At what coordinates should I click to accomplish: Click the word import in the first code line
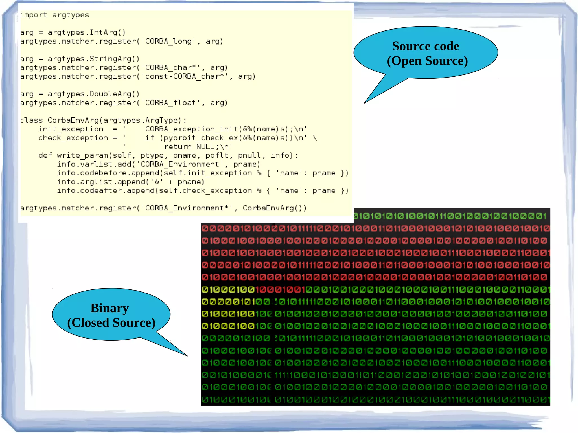click(33, 15)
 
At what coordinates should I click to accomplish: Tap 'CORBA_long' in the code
click(168, 41)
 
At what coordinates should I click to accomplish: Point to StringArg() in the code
click(114, 59)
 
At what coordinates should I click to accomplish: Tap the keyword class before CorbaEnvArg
click(31, 120)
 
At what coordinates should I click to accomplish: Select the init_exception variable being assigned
click(71, 129)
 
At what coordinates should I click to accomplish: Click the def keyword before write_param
click(45, 155)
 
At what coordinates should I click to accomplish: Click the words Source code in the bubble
click(426, 46)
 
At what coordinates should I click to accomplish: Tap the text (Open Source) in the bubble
click(427, 61)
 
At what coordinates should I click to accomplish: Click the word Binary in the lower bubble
click(110, 308)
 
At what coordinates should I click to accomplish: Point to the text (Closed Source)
click(111, 323)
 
